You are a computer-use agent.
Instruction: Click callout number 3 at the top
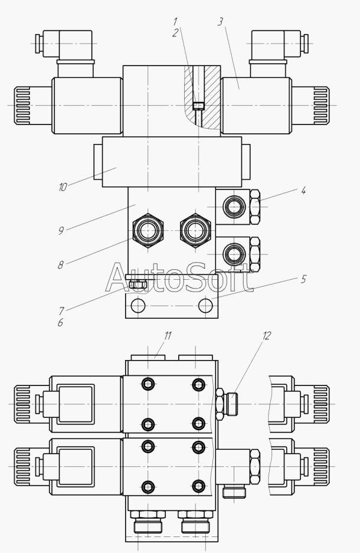(x=220, y=21)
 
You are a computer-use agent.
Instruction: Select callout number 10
(x=63, y=187)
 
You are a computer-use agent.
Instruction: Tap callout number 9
(x=61, y=231)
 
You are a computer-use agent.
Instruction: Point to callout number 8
(x=61, y=265)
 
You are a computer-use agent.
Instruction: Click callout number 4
(x=303, y=191)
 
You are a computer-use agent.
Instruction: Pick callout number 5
(x=303, y=279)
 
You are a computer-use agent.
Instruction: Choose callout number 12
(x=267, y=336)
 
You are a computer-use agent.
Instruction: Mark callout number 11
(x=168, y=336)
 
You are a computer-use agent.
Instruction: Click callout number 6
(x=60, y=322)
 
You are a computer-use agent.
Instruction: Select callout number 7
(x=61, y=310)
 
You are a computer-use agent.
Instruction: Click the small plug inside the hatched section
(x=199, y=106)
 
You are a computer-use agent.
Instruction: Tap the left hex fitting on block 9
(x=148, y=231)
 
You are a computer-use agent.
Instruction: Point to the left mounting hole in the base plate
(x=138, y=306)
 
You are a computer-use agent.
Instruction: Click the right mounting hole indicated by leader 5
(x=205, y=306)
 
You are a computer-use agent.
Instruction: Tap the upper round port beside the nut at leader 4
(x=234, y=207)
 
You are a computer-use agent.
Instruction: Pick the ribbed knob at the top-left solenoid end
(x=22, y=106)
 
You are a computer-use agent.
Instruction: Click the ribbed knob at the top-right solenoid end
(x=321, y=106)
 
